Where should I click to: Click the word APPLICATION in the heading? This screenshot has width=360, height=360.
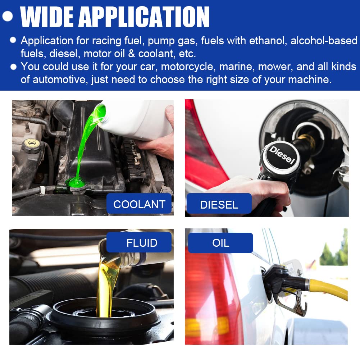coord(144,17)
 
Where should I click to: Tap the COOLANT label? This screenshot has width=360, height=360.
coord(139,204)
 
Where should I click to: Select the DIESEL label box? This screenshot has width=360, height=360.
coord(219,204)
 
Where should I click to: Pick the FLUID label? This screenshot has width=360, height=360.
coord(142,243)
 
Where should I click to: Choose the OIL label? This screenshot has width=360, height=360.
coord(220,243)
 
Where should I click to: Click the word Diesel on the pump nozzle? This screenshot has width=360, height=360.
coord(282,154)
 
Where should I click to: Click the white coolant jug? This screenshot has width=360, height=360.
coord(140,119)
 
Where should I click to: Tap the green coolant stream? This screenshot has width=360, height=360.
coord(86,144)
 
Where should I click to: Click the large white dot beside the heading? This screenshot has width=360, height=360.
coord(7,16)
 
